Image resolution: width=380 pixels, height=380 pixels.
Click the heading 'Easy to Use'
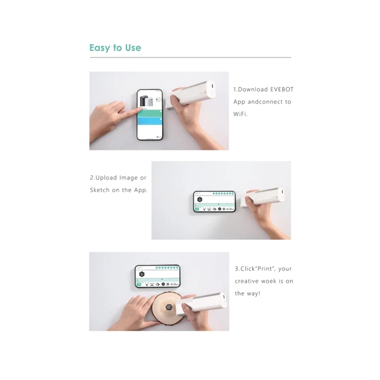tap(115, 48)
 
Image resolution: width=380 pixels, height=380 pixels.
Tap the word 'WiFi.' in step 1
tap(242, 115)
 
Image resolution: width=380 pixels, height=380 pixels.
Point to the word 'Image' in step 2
tap(128, 177)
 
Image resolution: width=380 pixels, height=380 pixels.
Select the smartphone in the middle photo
tap(214, 203)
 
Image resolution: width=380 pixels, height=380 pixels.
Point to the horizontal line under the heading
tap(190, 58)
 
